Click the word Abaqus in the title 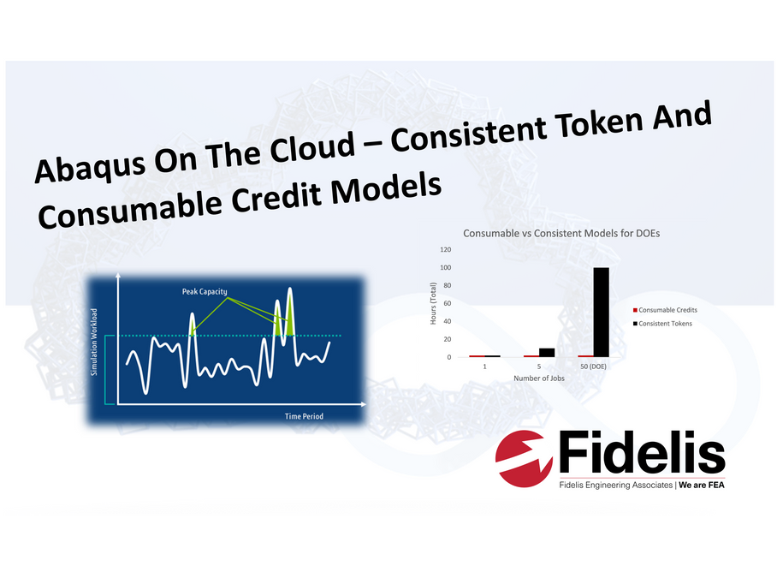90,166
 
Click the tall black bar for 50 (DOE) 601,313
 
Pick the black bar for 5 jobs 547,353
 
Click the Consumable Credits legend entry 665,310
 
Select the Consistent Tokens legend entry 662,323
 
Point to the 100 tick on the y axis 446,268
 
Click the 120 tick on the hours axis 446,249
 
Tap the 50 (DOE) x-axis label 593,366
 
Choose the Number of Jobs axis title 538,378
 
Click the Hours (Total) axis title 433,303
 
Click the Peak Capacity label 205,291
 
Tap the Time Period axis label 304,416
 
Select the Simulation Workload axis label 94,342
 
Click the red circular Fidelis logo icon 524,459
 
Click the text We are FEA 701,485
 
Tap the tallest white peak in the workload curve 289,289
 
